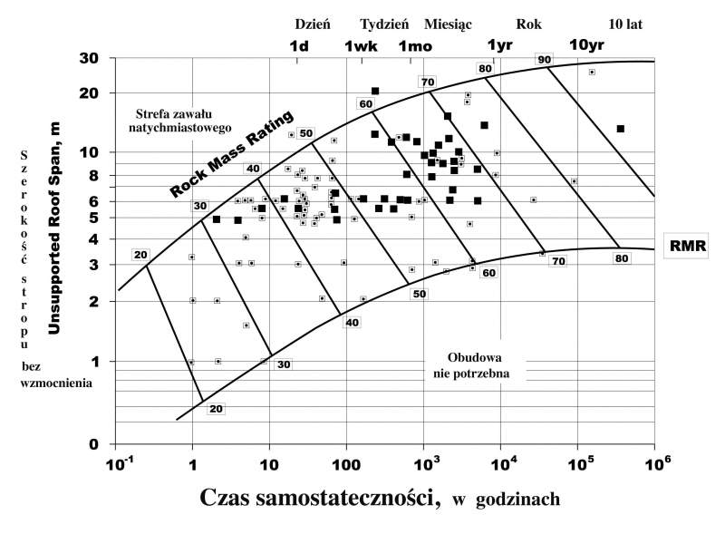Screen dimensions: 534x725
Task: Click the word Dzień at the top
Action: (313, 24)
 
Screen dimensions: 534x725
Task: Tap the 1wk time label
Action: (362, 45)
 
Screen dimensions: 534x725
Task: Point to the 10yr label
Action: (585, 45)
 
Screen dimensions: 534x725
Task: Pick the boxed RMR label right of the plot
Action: (688, 244)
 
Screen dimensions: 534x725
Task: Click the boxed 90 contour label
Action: (544, 60)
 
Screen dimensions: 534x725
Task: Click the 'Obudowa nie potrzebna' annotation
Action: (481, 364)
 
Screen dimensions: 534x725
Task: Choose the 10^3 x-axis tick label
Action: (422, 463)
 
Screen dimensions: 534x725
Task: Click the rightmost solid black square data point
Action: (621, 129)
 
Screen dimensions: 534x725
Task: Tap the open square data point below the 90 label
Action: (592, 72)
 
